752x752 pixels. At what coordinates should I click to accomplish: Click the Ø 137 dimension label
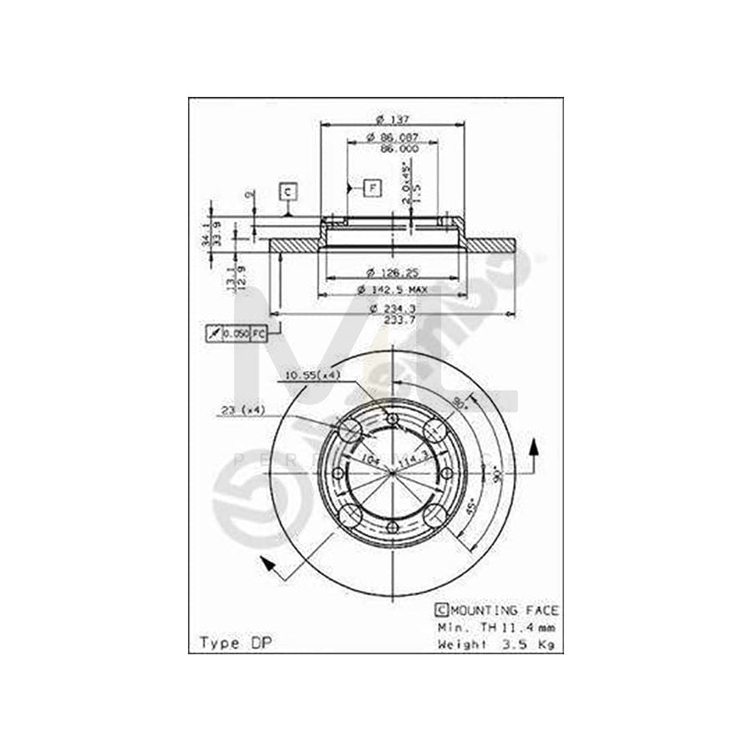[x=391, y=119]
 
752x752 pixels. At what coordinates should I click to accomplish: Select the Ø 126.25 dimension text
[x=392, y=272]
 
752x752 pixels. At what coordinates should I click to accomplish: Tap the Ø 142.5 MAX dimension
[x=392, y=289]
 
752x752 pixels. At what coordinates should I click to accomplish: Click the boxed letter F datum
[x=373, y=188]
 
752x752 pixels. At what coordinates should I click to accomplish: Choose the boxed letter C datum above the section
[x=287, y=192]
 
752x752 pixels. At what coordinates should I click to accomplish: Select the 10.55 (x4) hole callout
[x=312, y=376]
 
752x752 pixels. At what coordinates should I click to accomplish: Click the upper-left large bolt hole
[x=351, y=431]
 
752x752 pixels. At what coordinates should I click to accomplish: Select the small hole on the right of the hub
[x=446, y=474]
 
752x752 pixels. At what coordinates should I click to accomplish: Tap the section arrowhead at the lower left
[x=268, y=565]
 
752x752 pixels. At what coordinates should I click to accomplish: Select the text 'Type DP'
[x=230, y=643]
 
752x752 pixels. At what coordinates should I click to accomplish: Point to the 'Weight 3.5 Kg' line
[x=497, y=644]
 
